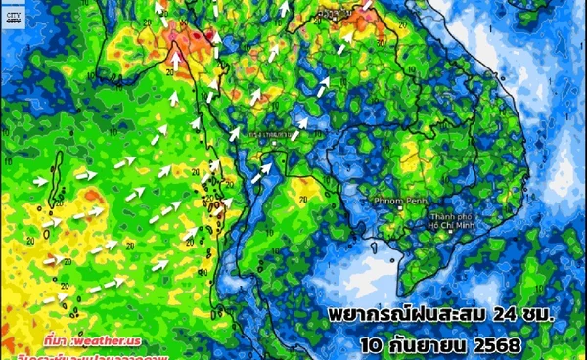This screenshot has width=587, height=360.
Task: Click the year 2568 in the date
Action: pos(499,345)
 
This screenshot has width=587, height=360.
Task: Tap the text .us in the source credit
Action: pos(134,340)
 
